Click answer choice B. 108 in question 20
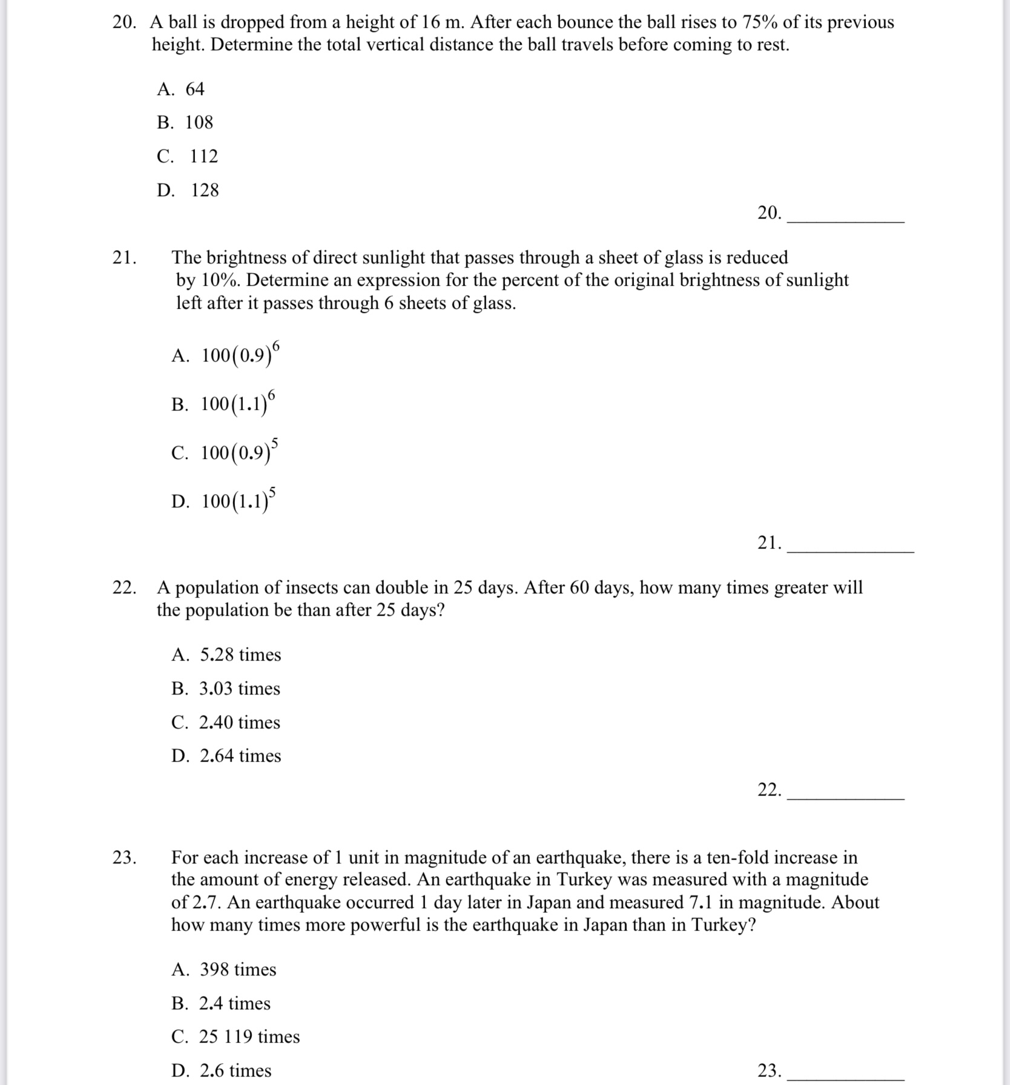coord(185,123)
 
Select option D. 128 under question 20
coord(188,191)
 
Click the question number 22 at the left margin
coord(124,588)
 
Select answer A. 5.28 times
coord(226,655)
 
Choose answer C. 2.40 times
coord(226,723)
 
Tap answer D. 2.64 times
coord(226,756)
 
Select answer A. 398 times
coord(224,970)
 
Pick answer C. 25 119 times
coord(236,1037)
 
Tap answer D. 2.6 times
coord(222,1071)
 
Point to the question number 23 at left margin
coord(124,858)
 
